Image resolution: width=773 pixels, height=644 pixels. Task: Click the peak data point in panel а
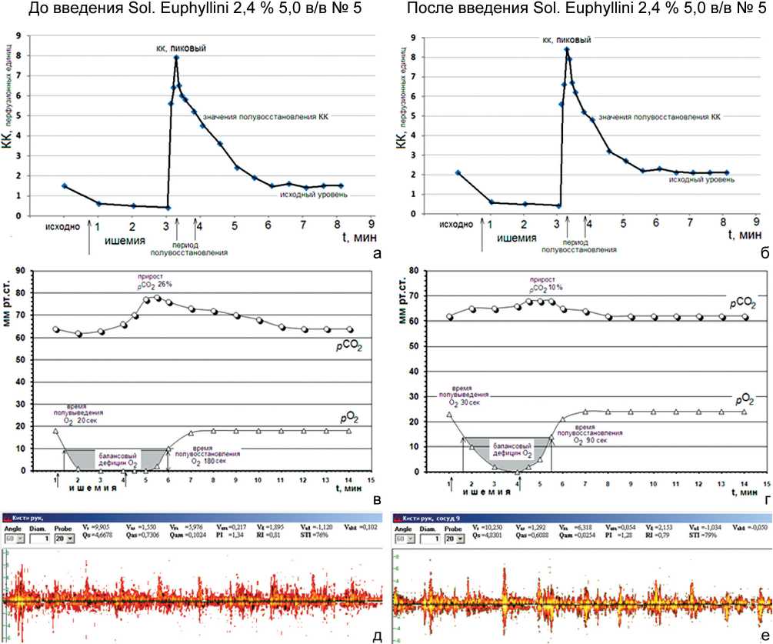pyautogui.click(x=176, y=58)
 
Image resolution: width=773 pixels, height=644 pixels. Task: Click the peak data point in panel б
pyautogui.click(x=567, y=49)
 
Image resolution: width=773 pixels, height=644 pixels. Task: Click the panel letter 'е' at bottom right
pyautogui.click(x=761, y=633)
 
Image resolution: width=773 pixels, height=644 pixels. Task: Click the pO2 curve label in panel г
pyautogui.click(x=742, y=401)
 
